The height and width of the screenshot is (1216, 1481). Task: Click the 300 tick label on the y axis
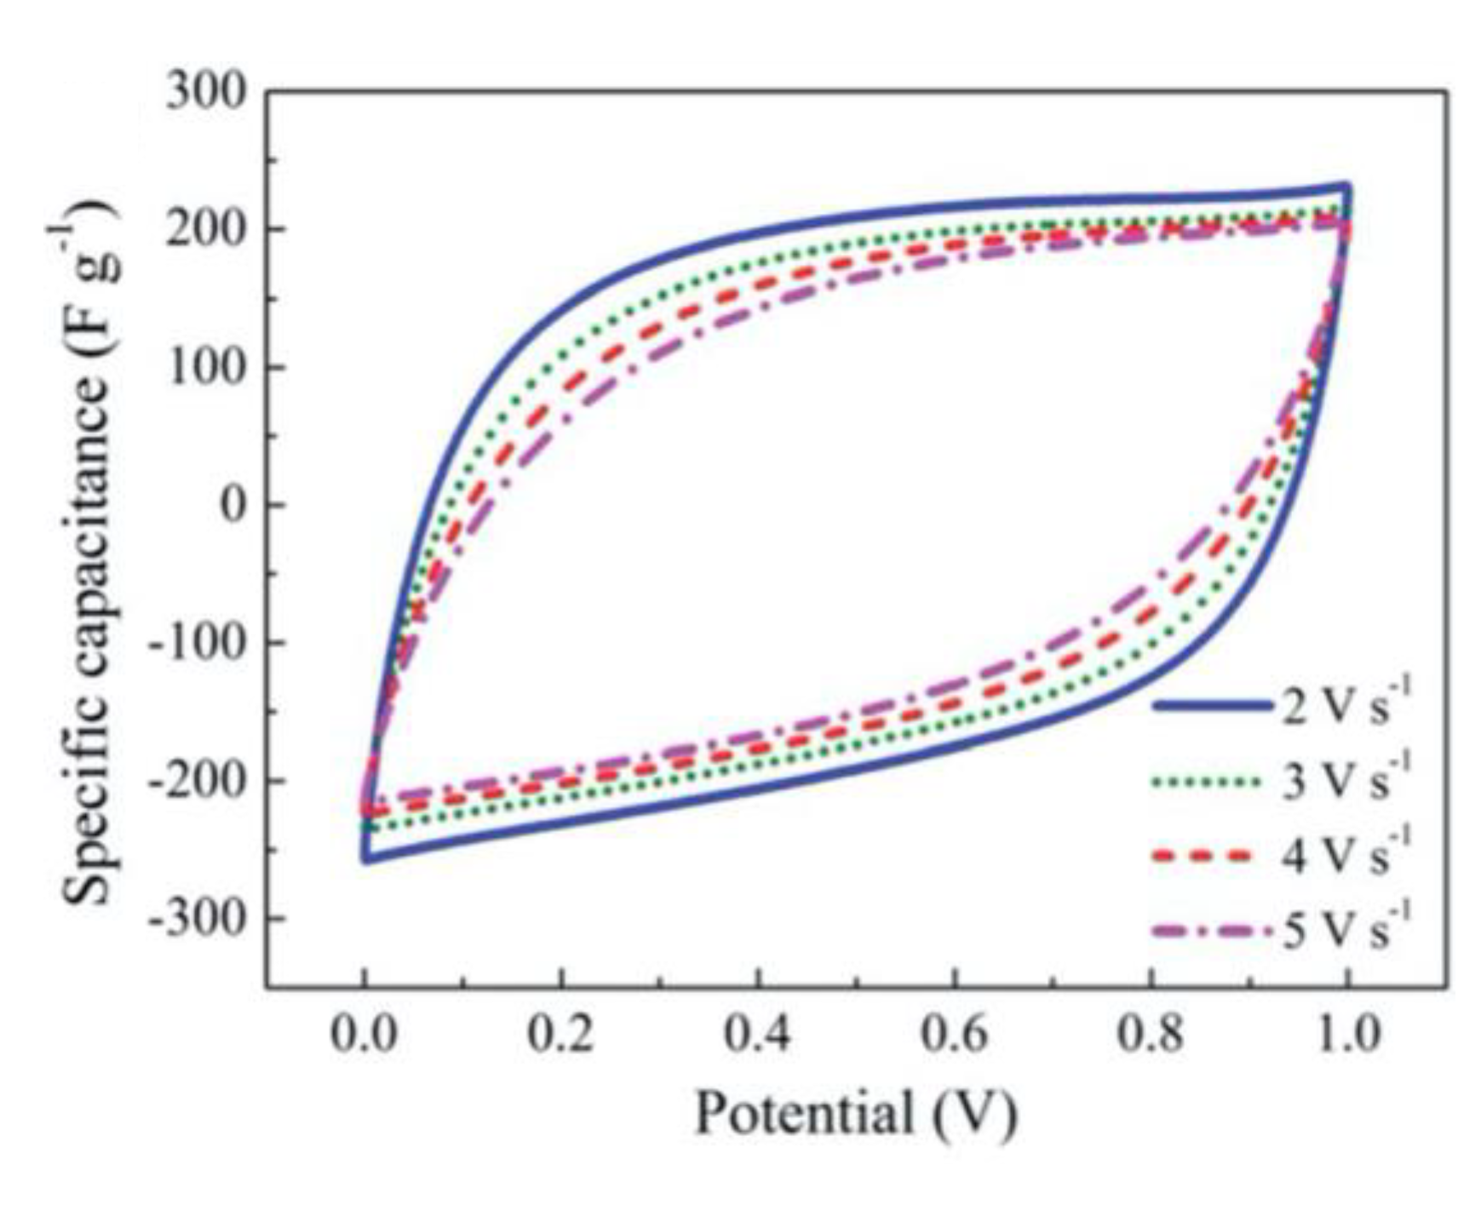(205, 91)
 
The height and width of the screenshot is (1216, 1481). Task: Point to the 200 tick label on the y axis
(205, 229)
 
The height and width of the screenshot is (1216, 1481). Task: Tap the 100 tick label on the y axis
(205, 367)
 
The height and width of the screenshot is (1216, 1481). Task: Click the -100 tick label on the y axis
(196, 643)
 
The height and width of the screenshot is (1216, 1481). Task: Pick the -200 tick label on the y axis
(196, 781)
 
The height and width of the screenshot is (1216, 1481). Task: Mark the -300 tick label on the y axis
(196, 919)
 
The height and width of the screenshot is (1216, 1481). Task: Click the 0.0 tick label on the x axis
(364, 1035)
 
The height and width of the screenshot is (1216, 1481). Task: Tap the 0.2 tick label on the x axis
(560, 1035)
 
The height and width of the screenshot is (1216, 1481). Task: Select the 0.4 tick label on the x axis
(757, 1035)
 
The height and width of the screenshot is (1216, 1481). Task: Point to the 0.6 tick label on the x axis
(954, 1035)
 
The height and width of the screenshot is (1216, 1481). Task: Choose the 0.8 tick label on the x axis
(1151, 1035)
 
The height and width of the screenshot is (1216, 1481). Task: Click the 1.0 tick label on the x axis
(1346, 1035)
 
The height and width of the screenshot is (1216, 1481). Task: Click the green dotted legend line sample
(1205, 781)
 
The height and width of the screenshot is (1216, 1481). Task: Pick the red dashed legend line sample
(1205, 856)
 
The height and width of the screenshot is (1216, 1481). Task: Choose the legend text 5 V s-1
(1346, 930)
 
